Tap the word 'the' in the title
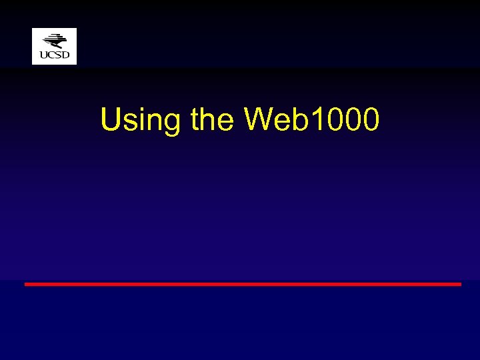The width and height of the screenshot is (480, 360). click(212, 120)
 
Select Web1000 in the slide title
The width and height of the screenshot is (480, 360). click(312, 120)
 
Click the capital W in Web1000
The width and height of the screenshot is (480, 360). click(259, 120)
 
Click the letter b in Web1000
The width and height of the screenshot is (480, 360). click(298, 120)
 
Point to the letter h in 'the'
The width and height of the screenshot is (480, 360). click(210, 120)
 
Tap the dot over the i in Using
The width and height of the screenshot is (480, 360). click(137, 109)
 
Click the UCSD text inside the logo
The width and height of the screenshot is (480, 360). click(54, 55)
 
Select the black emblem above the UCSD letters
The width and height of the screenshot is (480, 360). click(55, 41)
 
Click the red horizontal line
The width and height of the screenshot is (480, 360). click(243, 284)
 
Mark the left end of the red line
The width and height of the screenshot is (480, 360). click(26, 284)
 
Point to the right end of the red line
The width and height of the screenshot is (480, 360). click(459, 284)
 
